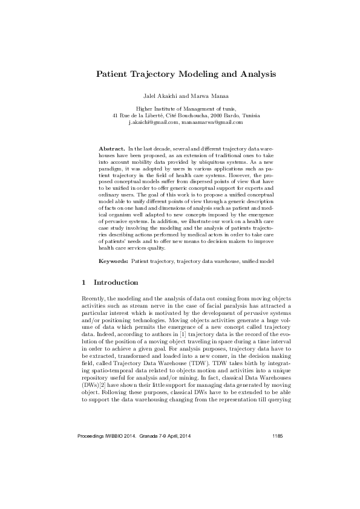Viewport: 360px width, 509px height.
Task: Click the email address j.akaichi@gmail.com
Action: tap(154, 122)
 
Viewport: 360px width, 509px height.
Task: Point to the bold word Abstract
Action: tap(111, 148)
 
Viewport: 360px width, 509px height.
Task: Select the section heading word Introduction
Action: tap(116, 282)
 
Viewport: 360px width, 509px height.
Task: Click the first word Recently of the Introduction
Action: tap(93, 299)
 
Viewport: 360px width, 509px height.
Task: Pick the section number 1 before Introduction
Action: tap(83, 282)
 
